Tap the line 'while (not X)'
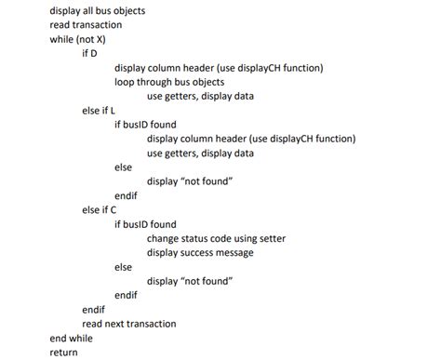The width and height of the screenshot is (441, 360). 78,39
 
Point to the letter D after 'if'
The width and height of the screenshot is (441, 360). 96,53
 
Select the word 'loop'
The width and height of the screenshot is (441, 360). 126,81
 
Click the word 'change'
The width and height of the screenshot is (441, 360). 165,238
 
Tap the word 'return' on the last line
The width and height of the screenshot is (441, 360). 64,353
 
